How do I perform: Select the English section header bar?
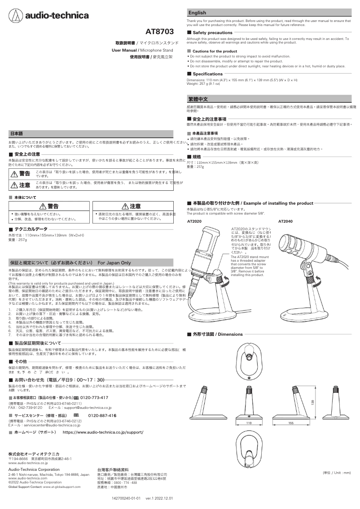tap(271, 13)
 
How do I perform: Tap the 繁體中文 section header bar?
tap(271, 99)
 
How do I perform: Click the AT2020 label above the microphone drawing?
tap(194, 222)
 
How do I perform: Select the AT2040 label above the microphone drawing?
tap(285, 222)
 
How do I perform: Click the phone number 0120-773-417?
tap(94, 398)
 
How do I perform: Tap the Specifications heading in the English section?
tap(207, 74)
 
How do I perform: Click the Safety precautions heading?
tap(212, 33)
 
